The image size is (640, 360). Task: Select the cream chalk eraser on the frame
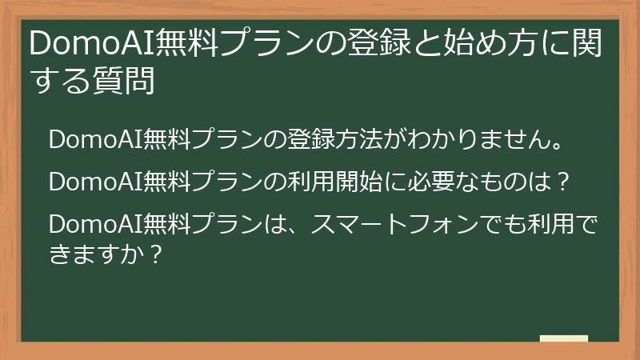coord(563,338)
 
